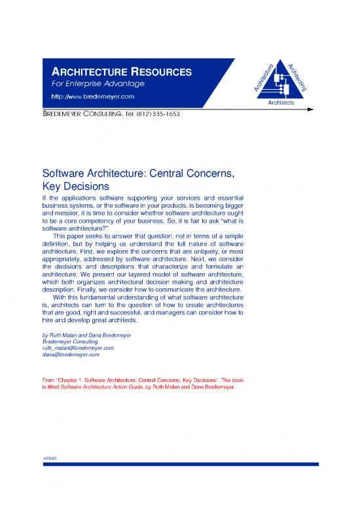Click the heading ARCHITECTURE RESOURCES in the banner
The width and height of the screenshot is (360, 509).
(x=117, y=71)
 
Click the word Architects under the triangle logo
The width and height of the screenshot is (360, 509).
(x=281, y=104)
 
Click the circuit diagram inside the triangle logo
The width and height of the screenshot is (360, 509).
(x=281, y=84)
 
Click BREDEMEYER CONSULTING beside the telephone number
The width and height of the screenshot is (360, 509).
(x=77, y=114)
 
